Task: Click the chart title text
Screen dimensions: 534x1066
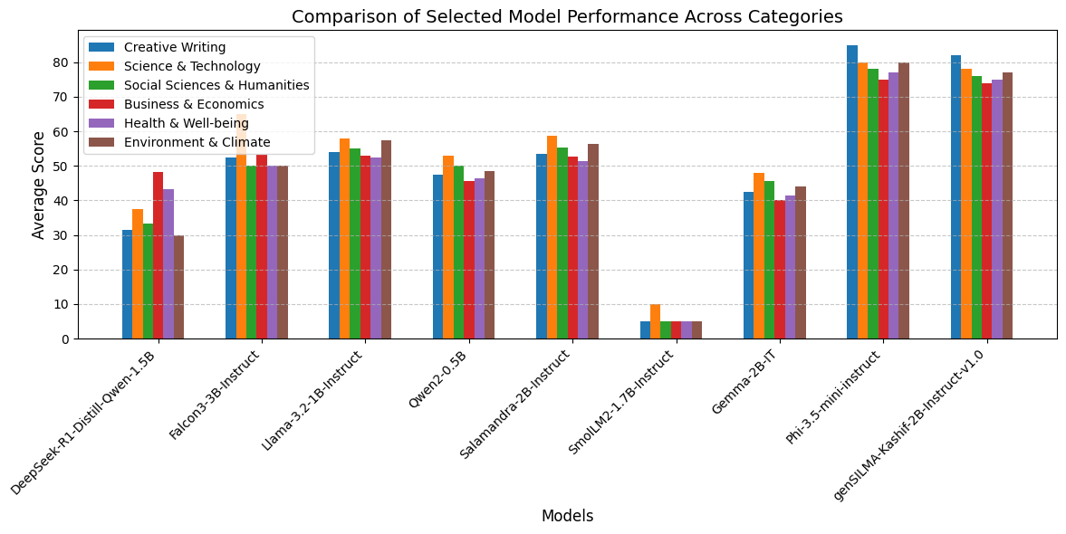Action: [x=567, y=16]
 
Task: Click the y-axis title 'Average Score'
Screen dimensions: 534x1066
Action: [x=39, y=185]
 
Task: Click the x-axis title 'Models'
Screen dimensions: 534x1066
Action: [x=567, y=516]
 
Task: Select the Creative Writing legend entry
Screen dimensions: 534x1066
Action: [x=174, y=47]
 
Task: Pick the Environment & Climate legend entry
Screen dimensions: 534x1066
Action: [x=197, y=142]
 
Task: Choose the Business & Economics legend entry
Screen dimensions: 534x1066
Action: [x=194, y=104]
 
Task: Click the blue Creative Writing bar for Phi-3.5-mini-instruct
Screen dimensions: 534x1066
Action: [x=852, y=192]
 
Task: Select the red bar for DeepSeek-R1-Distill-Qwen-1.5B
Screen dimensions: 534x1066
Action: [x=158, y=255]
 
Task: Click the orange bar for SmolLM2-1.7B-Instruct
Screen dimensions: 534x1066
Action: [x=655, y=321]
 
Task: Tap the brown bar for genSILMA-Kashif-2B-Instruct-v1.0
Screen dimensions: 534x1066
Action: [x=1007, y=205]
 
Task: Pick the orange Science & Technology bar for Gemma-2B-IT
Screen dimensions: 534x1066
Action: [x=759, y=256]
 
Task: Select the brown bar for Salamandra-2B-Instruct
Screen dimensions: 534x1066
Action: [x=593, y=242]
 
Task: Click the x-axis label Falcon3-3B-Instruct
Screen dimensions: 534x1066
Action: [x=216, y=395]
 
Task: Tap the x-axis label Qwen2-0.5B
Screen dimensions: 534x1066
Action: [x=438, y=380]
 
